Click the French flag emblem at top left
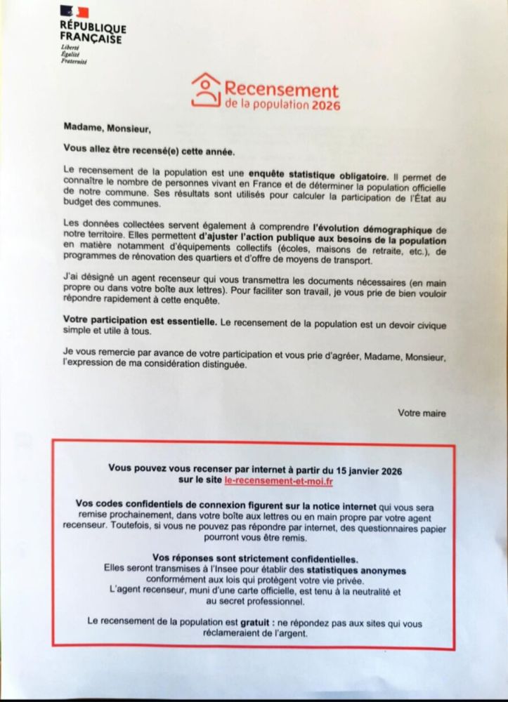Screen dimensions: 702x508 74,12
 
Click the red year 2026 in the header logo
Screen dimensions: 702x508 325,106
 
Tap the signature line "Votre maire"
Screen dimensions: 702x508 422,413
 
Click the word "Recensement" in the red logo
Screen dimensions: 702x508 281,91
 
